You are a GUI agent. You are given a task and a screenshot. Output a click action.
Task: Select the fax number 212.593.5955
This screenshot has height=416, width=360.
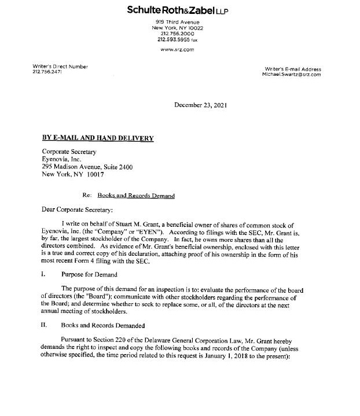pos(173,41)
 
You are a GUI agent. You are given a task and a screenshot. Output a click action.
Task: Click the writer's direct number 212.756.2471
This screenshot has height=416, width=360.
pos(47,72)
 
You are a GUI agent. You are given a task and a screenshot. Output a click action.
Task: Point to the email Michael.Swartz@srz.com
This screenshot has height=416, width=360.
pos(292,75)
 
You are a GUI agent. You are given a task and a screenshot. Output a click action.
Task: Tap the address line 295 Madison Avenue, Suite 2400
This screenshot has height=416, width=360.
pos(87,167)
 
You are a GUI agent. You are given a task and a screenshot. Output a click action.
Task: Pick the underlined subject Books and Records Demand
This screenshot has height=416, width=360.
pos(136,196)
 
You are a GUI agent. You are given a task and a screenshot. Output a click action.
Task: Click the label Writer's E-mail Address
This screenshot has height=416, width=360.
pos(292,69)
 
